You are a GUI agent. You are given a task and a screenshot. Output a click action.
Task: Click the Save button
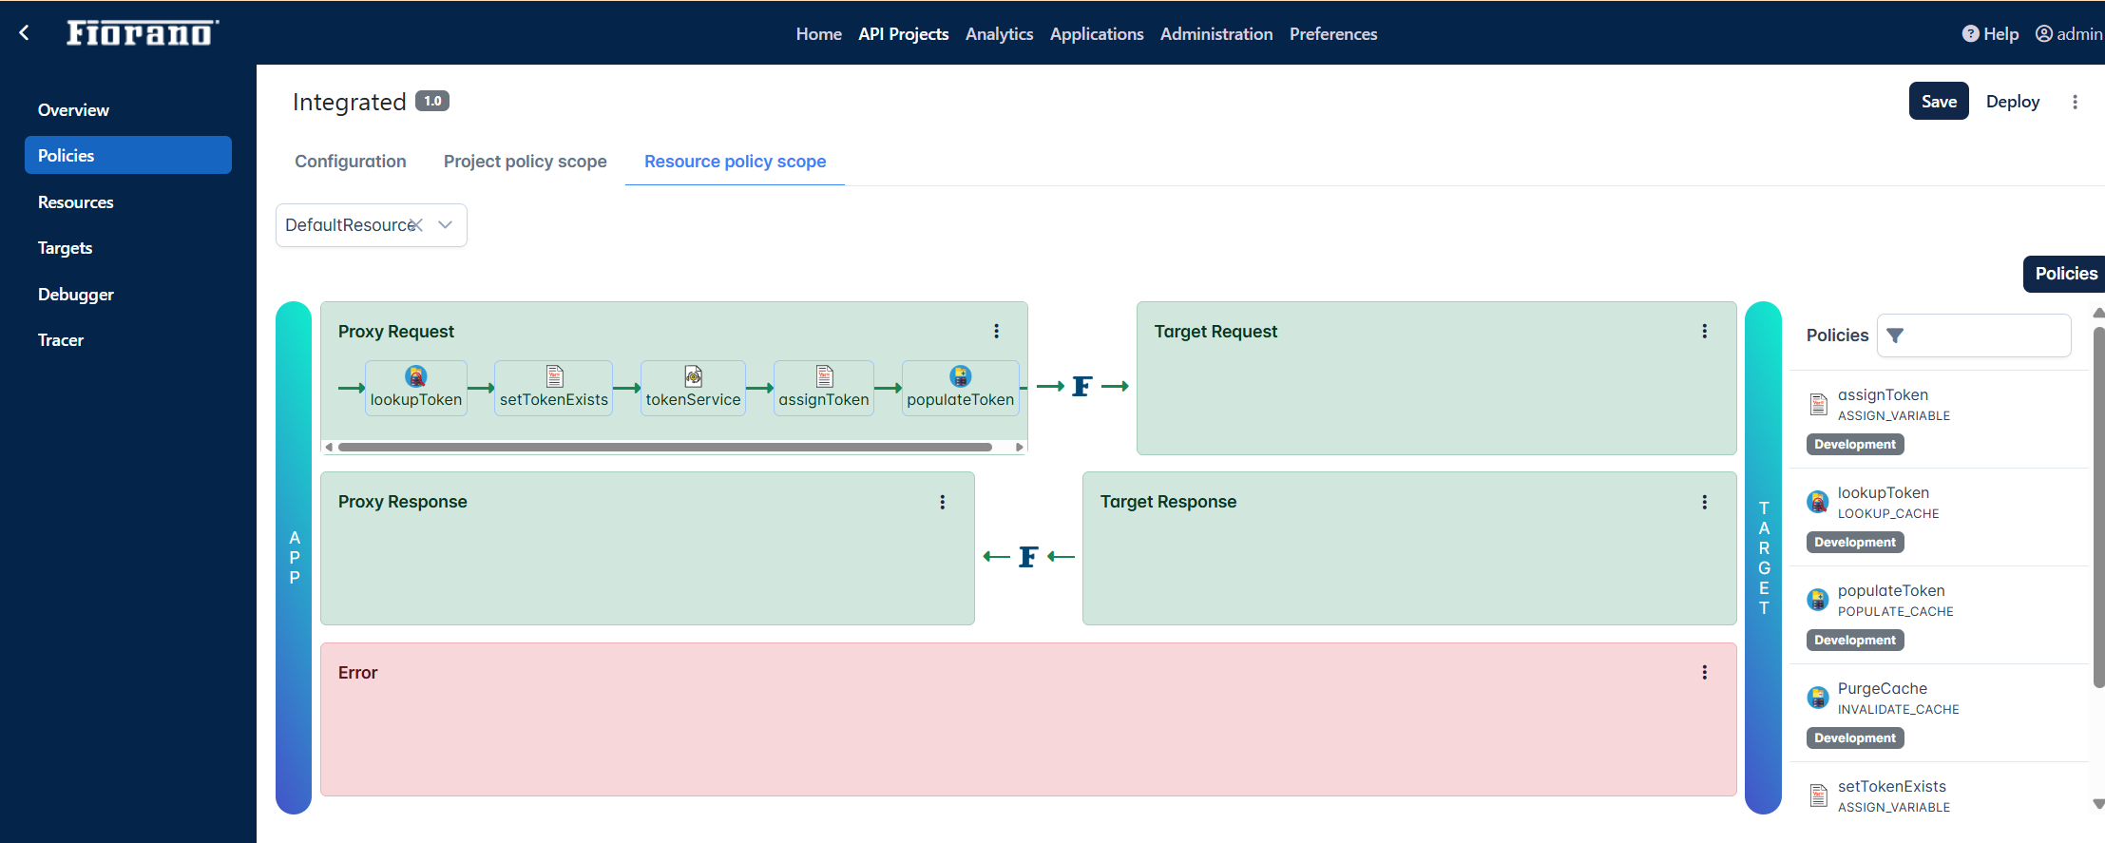tap(1939, 102)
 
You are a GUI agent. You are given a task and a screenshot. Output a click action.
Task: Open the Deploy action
tap(2013, 102)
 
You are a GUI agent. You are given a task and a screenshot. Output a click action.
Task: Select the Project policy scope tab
tap(525, 162)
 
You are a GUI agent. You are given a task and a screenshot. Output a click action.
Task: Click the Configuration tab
tap(350, 162)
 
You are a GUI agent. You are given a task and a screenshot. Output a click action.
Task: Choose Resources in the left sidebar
tap(75, 202)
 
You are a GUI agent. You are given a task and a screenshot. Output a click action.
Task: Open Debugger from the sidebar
tap(75, 295)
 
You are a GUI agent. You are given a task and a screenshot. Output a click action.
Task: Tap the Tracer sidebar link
tap(61, 340)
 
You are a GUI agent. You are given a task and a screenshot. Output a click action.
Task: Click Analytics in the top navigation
tap(999, 34)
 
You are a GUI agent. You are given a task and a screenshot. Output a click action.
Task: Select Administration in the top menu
tap(1216, 34)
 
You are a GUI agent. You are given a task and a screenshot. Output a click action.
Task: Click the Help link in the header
tap(1990, 34)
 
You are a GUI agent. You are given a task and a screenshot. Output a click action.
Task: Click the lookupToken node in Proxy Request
tap(416, 388)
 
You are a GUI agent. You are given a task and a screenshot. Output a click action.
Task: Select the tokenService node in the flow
tap(693, 388)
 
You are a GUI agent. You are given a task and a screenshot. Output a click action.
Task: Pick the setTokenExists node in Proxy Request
tap(554, 388)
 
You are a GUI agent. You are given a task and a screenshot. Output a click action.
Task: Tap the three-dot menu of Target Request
tap(1705, 331)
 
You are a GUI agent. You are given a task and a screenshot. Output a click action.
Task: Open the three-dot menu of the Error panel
tap(1705, 672)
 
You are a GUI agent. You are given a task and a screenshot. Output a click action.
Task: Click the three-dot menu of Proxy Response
tap(943, 502)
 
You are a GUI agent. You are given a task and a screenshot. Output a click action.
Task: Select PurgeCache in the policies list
tap(1882, 689)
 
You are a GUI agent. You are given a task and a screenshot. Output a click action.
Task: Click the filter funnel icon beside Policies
tap(1895, 335)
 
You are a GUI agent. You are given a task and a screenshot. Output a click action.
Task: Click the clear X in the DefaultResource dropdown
tap(416, 225)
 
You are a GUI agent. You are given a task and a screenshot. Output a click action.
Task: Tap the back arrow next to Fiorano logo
tap(25, 33)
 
